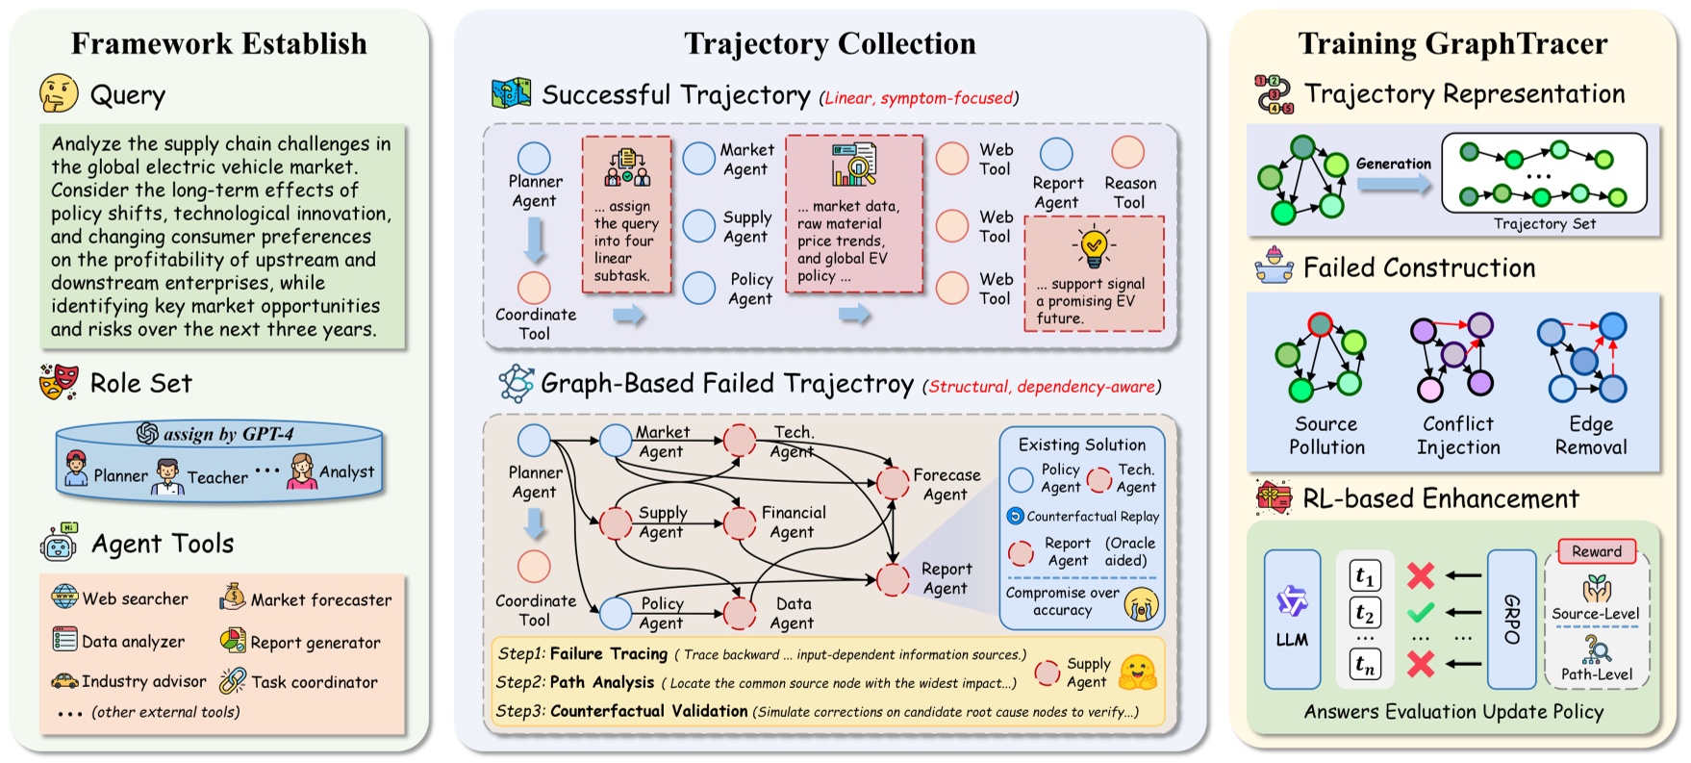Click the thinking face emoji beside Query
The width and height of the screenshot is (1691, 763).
(59, 94)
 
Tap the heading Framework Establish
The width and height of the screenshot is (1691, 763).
(218, 43)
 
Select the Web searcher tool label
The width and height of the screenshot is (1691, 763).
(135, 598)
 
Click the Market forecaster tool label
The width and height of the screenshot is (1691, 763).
(320, 599)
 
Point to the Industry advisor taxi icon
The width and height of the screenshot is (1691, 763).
(64, 681)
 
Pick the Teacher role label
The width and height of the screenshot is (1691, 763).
(216, 477)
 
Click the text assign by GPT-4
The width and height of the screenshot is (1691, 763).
(228, 434)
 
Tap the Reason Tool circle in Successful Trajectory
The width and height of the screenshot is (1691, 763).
(1127, 152)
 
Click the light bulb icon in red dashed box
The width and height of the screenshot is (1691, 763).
(1093, 246)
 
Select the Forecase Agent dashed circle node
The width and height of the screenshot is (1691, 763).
(893, 483)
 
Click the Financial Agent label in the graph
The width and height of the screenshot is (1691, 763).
(793, 522)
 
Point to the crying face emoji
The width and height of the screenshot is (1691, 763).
(1142, 604)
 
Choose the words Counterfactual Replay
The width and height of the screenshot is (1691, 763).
(1092, 517)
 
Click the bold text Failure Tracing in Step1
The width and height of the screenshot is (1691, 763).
(608, 654)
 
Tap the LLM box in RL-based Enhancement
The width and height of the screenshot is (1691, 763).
(1292, 619)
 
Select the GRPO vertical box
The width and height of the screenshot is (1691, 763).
(1511, 619)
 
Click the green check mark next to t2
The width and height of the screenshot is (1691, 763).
(1420, 612)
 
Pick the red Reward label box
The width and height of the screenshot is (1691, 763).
(1596, 551)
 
